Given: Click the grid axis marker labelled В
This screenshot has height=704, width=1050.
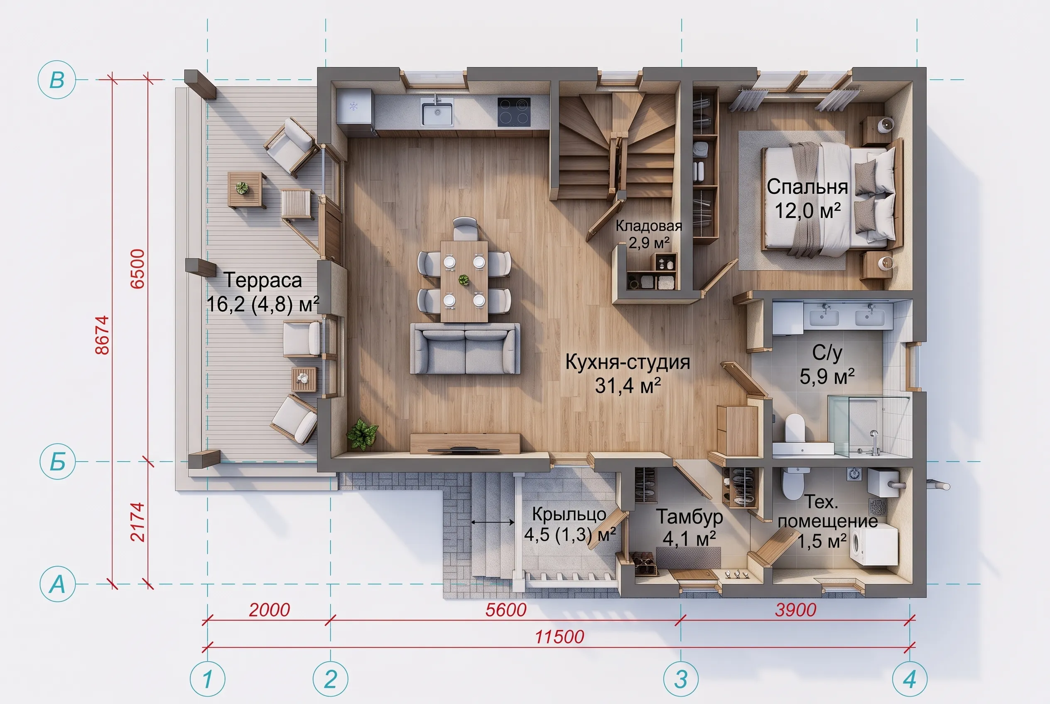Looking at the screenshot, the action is pyautogui.click(x=56, y=80).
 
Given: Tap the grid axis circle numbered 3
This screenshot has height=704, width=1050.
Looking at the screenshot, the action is pyautogui.click(x=681, y=679).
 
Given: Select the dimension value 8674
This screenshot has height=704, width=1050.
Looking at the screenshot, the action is pyautogui.click(x=103, y=335).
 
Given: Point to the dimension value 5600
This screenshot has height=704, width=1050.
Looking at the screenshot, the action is pyautogui.click(x=506, y=610).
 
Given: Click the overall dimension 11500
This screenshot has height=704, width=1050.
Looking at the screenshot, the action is pyautogui.click(x=559, y=637).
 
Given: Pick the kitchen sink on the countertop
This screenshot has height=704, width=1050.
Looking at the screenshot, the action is pyautogui.click(x=437, y=111).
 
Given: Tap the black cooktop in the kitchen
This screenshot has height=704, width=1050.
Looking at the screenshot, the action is pyautogui.click(x=514, y=112).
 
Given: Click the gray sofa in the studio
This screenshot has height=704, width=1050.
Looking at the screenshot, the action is pyautogui.click(x=465, y=348).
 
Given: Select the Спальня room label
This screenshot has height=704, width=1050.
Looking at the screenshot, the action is pyautogui.click(x=807, y=187).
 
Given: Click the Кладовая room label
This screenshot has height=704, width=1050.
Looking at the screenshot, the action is pyautogui.click(x=649, y=225).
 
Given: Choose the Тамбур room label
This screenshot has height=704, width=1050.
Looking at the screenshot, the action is pyautogui.click(x=689, y=517).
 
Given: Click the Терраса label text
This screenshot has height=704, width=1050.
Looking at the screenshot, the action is pyautogui.click(x=263, y=280).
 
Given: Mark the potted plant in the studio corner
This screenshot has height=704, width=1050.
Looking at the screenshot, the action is pyautogui.click(x=362, y=434).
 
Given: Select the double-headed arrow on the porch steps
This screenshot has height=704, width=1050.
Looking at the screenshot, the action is pyautogui.click(x=493, y=522).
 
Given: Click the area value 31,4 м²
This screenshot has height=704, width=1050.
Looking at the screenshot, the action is pyautogui.click(x=628, y=385).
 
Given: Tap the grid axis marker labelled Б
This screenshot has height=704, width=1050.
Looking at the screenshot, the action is pyautogui.click(x=57, y=462).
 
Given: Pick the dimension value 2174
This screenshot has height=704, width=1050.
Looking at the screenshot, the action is pyautogui.click(x=137, y=522).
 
